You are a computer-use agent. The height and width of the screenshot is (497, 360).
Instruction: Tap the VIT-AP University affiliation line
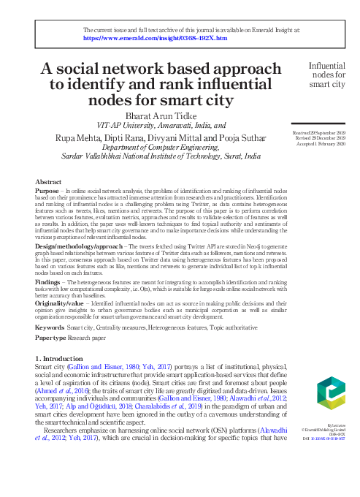(x=161, y=125)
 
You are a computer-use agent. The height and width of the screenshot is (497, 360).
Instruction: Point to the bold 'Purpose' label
(x=47, y=190)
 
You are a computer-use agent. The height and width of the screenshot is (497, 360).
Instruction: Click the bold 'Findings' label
(x=48, y=281)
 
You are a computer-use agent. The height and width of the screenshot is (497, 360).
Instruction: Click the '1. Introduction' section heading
(x=63, y=360)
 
